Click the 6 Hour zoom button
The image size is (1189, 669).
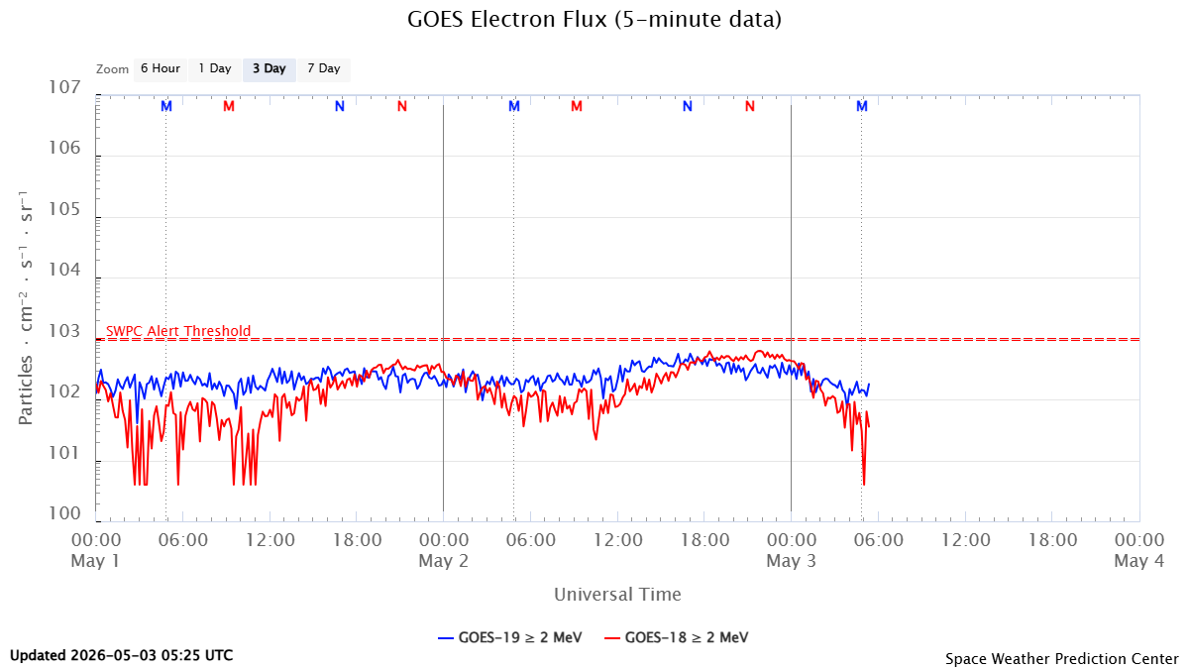161,69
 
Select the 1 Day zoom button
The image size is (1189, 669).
215,69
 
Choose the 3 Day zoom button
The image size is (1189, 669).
270,69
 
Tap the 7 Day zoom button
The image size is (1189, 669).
324,69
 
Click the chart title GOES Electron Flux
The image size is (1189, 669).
594,20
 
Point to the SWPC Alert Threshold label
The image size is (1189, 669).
178,331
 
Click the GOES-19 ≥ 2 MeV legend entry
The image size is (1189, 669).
510,637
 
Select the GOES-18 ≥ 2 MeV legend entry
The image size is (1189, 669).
677,637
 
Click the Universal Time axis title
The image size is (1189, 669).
617,594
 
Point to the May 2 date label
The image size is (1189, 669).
443,561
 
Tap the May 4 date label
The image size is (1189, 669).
1139,561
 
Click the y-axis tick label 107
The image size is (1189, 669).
64,87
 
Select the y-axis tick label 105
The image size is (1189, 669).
64,209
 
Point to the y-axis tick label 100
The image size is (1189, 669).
64,513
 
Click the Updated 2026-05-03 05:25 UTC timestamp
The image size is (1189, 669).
122,655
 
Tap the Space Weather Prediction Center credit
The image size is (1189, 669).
1061,658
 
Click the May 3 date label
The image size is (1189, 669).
791,561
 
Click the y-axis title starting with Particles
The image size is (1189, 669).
25,308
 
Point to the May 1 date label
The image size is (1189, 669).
95,561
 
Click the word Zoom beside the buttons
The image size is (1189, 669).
113,69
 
